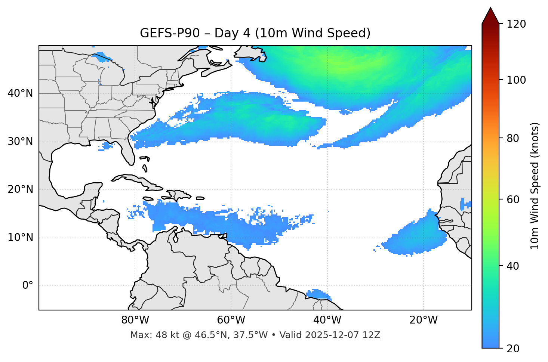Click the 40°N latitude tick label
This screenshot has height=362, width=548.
pyautogui.click(x=20, y=93)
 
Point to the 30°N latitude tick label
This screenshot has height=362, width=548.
pyautogui.click(x=20, y=142)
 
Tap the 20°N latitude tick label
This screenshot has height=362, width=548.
pyautogui.click(x=20, y=189)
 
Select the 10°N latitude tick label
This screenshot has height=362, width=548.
pyautogui.click(x=20, y=238)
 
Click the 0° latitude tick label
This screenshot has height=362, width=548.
pyautogui.click(x=28, y=286)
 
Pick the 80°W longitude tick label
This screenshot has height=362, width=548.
pyautogui.click(x=135, y=320)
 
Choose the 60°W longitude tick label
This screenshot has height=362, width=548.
pyautogui.click(x=231, y=320)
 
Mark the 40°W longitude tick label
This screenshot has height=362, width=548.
pyautogui.click(x=327, y=320)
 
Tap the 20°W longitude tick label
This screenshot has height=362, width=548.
pyautogui.click(x=423, y=320)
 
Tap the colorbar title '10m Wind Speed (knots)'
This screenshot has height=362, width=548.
pyautogui.click(x=535, y=186)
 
